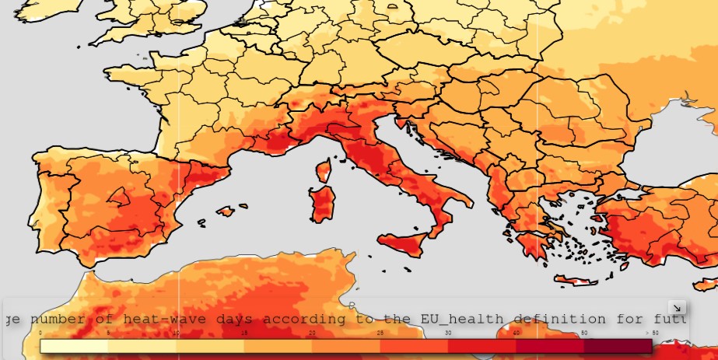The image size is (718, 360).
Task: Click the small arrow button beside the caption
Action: tap(677, 308)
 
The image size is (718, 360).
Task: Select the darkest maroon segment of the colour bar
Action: tap(618, 346)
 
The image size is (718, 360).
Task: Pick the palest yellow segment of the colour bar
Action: tap(74, 346)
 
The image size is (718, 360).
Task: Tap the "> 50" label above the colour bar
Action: tap(651, 333)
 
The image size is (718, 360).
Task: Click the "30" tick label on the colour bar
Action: tap(448, 333)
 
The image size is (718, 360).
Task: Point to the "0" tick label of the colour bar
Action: tap(40, 333)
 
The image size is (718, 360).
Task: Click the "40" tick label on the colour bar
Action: tap(516, 333)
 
